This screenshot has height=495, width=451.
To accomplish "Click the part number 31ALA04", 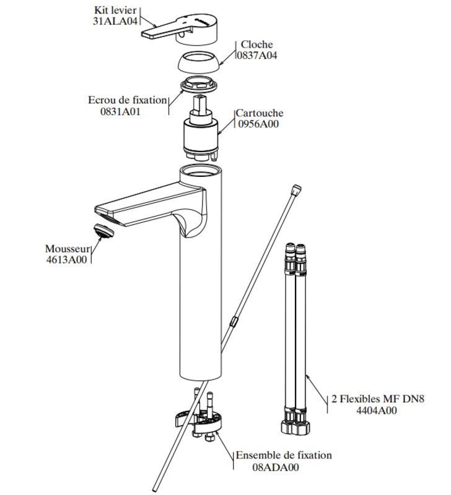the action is pyautogui.click(x=115, y=21).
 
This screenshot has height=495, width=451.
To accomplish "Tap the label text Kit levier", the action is pyautogui.click(x=115, y=10).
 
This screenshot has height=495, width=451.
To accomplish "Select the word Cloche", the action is pyautogui.click(x=256, y=44).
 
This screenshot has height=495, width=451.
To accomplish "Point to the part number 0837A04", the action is pyautogui.click(x=256, y=55).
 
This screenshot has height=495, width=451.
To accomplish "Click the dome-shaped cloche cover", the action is pyautogui.click(x=198, y=62).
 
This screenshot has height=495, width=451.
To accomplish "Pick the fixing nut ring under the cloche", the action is pyautogui.click(x=199, y=85).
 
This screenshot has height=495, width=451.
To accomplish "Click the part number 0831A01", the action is pyautogui.click(x=120, y=111).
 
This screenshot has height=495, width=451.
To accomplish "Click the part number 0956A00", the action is pyautogui.click(x=258, y=124).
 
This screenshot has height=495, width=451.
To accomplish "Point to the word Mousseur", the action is pyautogui.click(x=68, y=249).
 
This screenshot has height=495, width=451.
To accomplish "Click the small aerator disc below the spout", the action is pyautogui.click(x=103, y=231).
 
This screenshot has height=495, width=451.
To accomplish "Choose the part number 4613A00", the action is pyautogui.click(x=66, y=260).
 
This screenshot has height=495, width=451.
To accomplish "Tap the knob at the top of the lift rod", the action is pyautogui.click(x=297, y=189).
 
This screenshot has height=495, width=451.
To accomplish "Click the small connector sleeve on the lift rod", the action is pyautogui.click(x=234, y=322).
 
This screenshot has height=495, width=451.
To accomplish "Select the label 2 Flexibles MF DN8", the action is pyautogui.click(x=378, y=398).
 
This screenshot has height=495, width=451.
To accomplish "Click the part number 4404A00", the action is pyautogui.click(x=377, y=410).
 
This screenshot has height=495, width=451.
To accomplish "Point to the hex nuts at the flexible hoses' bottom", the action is pyautogui.click(x=296, y=426).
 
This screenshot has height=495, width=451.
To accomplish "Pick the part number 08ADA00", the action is pyautogui.click(x=275, y=467).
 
